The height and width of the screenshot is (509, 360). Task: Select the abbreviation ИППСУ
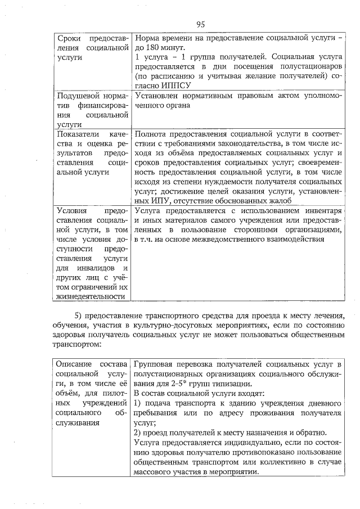point(175,84)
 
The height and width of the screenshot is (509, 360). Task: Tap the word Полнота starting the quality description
point(152,134)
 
